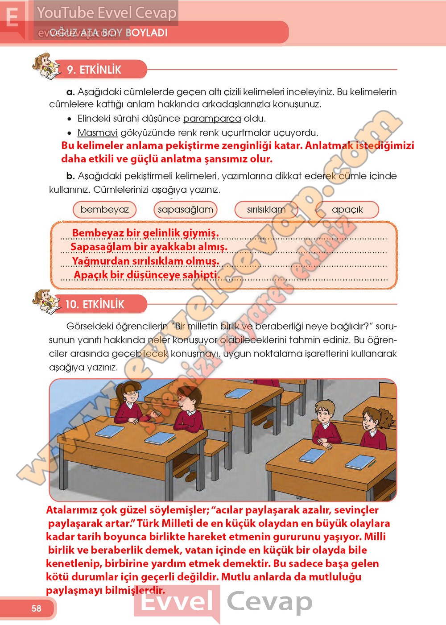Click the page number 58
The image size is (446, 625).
tap(36, 608)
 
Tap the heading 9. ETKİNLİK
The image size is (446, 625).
tap(94, 70)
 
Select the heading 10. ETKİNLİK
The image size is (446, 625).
tap(95, 304)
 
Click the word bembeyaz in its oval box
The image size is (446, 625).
tap(105, 209)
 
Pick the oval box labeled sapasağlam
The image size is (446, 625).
tap(186, 209)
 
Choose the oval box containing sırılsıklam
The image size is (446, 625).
tap(266, 209)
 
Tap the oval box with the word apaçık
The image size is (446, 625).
tap(347, 209)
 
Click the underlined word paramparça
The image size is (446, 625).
tap(212, 119)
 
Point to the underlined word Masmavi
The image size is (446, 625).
tap(98, 132)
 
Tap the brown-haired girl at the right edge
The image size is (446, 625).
tap(373, 424)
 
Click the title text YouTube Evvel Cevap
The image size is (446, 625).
tap(107, 12)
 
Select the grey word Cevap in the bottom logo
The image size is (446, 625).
tap(269, 601)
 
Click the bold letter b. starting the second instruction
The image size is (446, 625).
tap(70, 176)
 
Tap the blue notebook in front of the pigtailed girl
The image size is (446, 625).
tap(109, 431)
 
